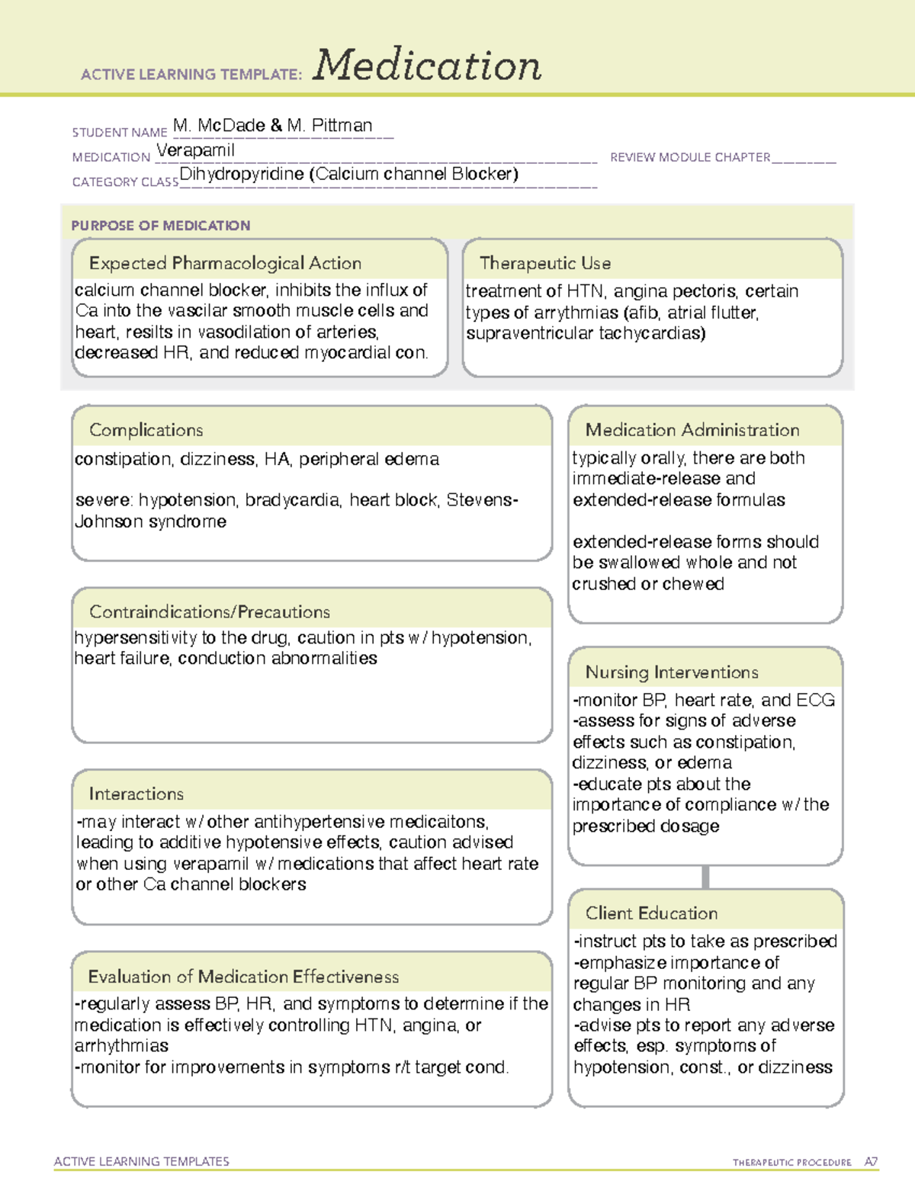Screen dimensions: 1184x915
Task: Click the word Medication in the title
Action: tap(427, 66)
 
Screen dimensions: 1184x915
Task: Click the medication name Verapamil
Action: tap(196, 150)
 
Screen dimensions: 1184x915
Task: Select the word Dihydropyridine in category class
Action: tap(242, 175)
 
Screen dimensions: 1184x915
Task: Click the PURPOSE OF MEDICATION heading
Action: tap(161, 226)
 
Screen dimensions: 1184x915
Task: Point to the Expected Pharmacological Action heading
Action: tap(225, 263)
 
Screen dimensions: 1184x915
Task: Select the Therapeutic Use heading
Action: tap(545, 263)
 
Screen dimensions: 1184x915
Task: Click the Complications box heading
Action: tap(146, 430)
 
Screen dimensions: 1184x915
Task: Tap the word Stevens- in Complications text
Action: tap(482, 500)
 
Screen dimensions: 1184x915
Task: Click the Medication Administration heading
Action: tap(692, 430)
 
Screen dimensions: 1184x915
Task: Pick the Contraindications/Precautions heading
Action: tap(210, 611)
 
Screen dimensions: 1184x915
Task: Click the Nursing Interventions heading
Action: tap(672, 672)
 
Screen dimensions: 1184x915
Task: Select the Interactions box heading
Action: tap(136, 794)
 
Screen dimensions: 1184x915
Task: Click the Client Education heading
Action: tap(652, 913)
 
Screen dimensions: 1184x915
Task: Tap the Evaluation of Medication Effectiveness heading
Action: tap(243, 977)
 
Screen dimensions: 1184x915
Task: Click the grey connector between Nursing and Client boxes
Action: tap(705, 877)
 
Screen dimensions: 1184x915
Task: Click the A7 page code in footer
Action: tap(871, 1162)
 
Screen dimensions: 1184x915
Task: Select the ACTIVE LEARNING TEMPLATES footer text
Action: tap(142, 1161)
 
